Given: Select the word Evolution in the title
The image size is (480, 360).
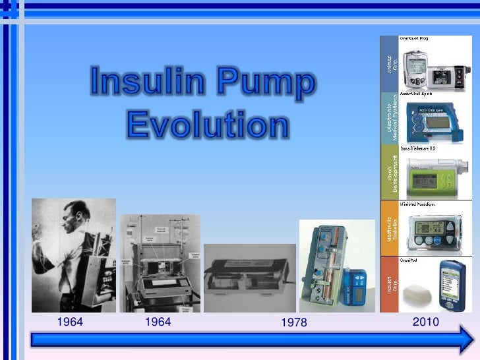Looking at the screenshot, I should pyautogui.click(x=206, y=123).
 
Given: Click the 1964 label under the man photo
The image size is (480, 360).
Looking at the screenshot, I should pyautogui.click(x=70, y=322).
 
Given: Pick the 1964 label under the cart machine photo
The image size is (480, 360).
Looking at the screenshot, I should pyautogui.click(x=158, y=322).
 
